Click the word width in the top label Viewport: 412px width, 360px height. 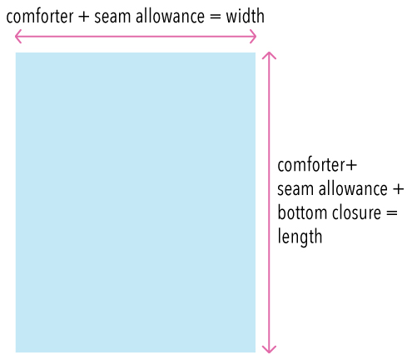(245, 16)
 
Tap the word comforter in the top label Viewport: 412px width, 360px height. (40, 17)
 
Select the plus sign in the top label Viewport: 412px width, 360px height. (84, 17)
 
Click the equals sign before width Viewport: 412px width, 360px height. (215, 17)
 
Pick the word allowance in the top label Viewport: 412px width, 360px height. (170, 16)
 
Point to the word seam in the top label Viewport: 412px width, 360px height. (112, 17)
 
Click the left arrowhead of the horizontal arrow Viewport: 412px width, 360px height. (18, 36)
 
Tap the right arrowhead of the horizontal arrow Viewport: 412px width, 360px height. (253, 37)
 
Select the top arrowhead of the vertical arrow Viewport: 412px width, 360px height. (269, 55)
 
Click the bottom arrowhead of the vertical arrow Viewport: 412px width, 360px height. (269, 349)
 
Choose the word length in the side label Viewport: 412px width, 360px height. (300, 237)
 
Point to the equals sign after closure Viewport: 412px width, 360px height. (392, 213)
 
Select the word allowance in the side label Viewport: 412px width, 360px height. (353, 188)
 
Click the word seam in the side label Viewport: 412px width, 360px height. (295, 190)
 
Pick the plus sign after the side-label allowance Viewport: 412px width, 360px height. (398, 189)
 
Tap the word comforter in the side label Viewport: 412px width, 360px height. (311, 165)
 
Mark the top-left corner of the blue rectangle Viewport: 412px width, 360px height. (16, 52)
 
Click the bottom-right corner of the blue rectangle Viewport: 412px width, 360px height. (256, 352)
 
